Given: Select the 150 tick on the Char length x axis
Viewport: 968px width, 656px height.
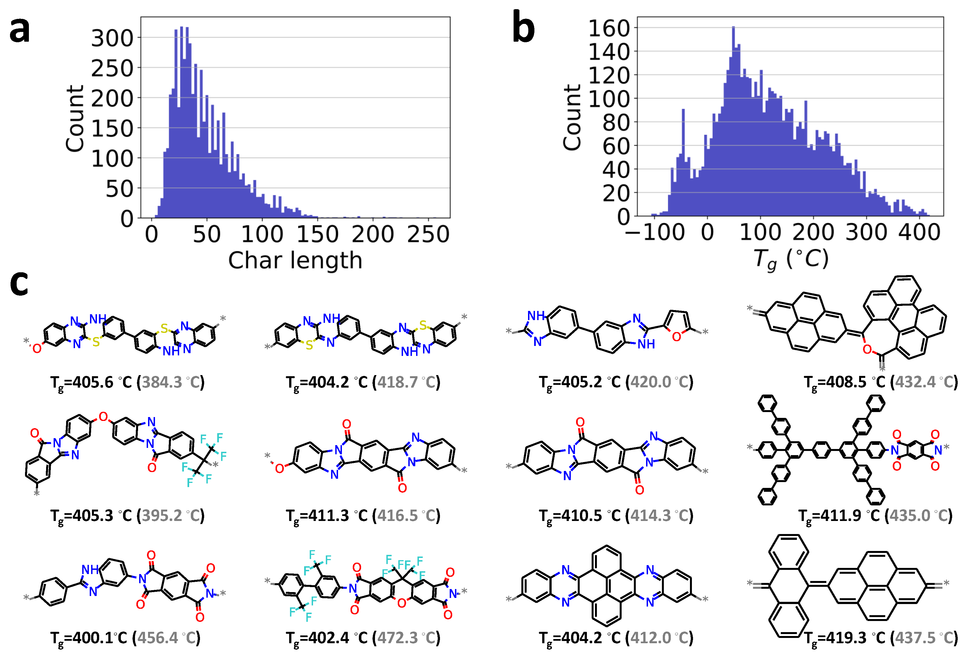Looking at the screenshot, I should (x=318, y=234).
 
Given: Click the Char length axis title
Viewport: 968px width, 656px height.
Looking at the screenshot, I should (x=295, y=261).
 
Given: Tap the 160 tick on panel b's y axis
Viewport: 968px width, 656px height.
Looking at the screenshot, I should (x=609, y=28).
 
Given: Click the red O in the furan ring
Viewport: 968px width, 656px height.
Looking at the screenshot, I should (x=676, y=336).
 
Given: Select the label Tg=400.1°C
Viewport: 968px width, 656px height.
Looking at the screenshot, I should (x=88, y=638).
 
